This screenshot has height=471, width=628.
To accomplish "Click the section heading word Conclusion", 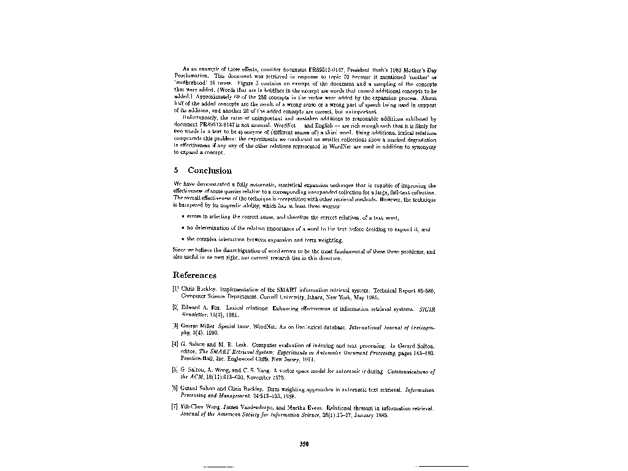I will coord(210,170).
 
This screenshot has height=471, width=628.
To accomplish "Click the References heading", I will coord(196,275).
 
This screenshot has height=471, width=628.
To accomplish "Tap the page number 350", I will coord(303,445).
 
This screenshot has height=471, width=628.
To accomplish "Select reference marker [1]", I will coord(176,287).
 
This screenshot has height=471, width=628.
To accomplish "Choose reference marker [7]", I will coord(176,407).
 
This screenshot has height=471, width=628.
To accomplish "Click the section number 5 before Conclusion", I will coord(176,170).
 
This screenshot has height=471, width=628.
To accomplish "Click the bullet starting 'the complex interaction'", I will coord(185,239).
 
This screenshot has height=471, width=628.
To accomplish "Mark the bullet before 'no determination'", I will coord(185,228).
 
